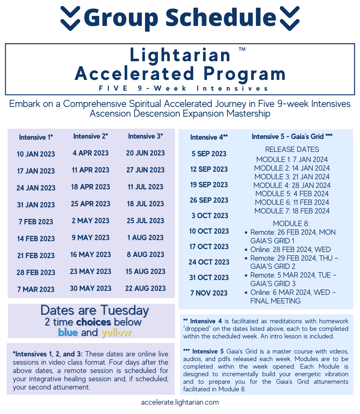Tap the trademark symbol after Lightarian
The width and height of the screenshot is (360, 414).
pyautogui.click(x=242, y=49)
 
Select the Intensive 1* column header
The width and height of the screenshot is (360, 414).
pyautogui.click(x=36, y=137)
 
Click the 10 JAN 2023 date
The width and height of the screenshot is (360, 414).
pyautogui.click(x=36, y=154)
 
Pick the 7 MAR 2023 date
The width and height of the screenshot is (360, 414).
pyautogui.click(x=36, y=289)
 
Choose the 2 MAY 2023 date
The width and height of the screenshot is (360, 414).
pyautogui.click(x=91, y=221)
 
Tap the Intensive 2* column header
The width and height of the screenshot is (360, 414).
pyautogui.click(x=91, y=136)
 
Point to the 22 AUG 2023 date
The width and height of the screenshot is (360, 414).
pyautogui.click(x=145, y=288)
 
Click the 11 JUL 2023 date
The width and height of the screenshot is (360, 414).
pyautogui.click(x=145, y=187)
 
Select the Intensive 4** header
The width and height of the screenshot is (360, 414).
pyautogui.click(x=209, y=137)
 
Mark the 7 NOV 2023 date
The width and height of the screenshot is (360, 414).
pyautogui.click(x=209, y=293)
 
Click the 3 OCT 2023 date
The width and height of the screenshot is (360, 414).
pyautogui.click(x=210, y=216)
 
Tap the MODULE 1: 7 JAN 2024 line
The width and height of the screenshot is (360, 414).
pyautogui.click(x=292, y=159)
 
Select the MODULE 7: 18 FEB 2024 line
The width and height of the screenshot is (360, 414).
pyautogui.click(x=292, y=211)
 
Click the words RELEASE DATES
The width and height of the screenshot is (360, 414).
pyautogui.click(x=292, y=149)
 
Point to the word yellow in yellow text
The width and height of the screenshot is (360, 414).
pyautogui.click(x=116, y=333)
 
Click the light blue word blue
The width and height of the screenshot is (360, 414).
pyautogui.click(x=68, y=333)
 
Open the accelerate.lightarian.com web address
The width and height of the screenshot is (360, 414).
pyautogui.click(x=180, y=402)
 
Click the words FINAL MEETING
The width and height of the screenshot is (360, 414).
pyautogui.click(x=275, y=301)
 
